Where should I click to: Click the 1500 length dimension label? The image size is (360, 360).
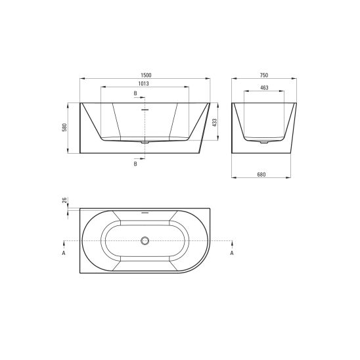point(146,76)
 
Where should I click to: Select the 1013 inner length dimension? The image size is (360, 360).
point(143,84)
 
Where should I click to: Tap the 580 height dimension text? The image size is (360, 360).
point(64,127)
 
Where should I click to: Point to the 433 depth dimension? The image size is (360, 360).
point(214,123)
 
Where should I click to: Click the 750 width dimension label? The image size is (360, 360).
point(264,75)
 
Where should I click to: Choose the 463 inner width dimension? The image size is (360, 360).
point(264,88)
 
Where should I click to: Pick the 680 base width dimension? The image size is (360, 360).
point(261,175)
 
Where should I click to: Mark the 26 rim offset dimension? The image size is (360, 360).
point(64,200)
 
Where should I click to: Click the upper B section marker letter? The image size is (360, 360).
point(135,93)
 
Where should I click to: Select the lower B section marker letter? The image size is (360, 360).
point(135,164)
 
